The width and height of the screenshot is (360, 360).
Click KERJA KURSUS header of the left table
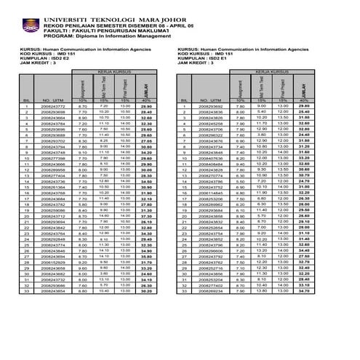(x=117, y=73)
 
